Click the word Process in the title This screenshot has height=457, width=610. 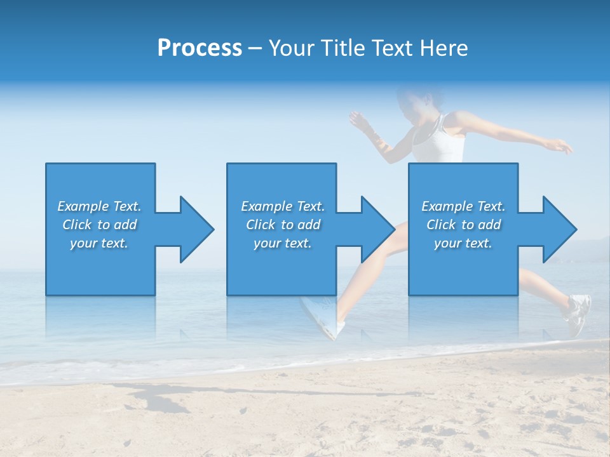[x=200, y=48]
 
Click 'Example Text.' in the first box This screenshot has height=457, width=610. [x=99, y=206]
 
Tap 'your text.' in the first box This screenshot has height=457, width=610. [x=99, y=243]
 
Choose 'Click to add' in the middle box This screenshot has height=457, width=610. [x=283, y=225]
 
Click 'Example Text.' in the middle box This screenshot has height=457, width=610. [x=283, y=206]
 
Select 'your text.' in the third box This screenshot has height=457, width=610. [x=463, y=243]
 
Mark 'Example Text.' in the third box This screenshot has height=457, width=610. [x=463, y=206]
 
